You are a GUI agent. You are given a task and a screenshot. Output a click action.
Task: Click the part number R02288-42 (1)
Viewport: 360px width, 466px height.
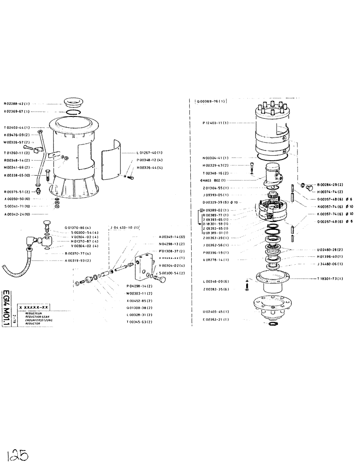pos(17,104)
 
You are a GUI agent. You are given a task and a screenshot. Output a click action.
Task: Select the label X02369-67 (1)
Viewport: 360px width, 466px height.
pos(17,112)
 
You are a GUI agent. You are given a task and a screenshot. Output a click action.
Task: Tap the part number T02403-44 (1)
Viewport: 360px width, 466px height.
pos(17,127)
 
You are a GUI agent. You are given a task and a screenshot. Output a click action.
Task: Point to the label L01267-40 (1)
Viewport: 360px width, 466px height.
pos(149,152)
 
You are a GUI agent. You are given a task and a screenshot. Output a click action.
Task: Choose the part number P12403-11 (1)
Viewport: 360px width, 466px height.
pos(215,123)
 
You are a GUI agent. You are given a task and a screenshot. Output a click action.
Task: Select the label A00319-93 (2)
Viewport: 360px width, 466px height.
pos(78,260)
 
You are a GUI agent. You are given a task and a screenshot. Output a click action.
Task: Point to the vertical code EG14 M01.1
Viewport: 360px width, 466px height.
pos(6,308)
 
